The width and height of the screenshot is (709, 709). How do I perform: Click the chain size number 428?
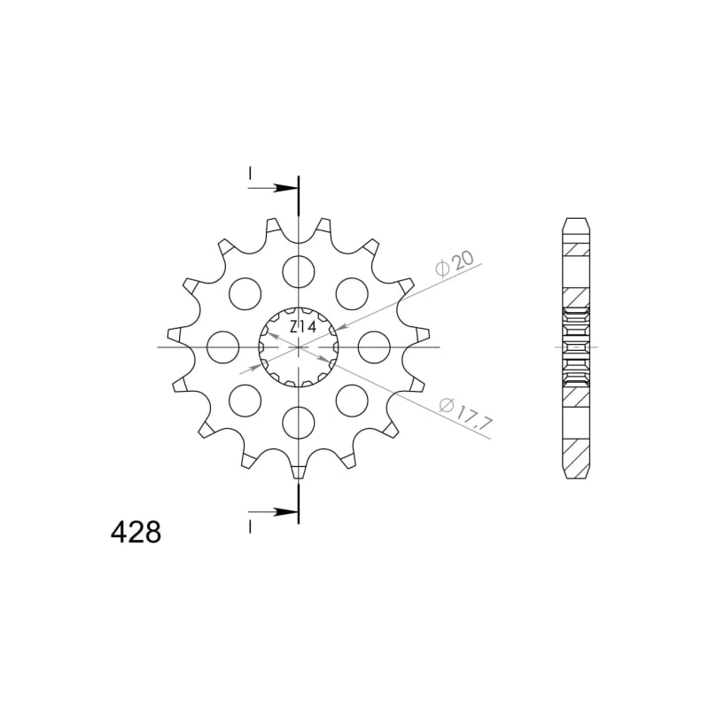click(x=136, y=534)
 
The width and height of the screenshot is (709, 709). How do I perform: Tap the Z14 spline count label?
click(x=303, y=327)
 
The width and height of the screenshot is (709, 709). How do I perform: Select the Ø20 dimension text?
click(x=455, y=263)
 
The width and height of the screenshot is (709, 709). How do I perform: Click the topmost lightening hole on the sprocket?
click(x=298, y=272)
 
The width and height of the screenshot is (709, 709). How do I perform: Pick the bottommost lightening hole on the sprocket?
click(x=298, y=423)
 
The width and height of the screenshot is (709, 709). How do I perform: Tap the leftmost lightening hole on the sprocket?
click(x=222, y=347)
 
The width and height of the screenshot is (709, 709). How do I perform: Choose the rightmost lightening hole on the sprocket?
click(x=374, y=347)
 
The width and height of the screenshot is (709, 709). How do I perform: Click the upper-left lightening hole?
click(x=245, y=294)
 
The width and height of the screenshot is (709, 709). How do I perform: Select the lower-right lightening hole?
click(x=352, y=401)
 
